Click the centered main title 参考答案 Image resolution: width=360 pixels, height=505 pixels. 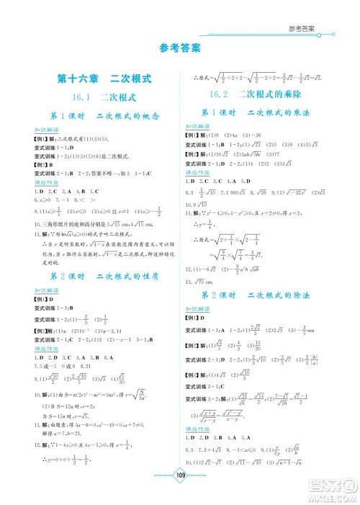[x=179, y=50]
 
